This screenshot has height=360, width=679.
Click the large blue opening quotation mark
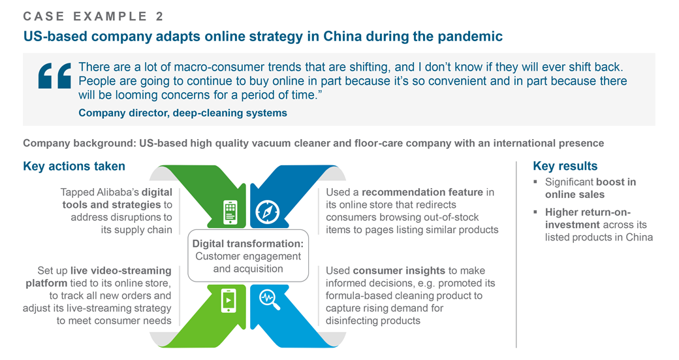click(x=55, y=76)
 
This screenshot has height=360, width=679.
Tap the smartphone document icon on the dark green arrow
click(x=230, y=212)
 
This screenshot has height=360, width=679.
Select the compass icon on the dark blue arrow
click(x=267, y=212)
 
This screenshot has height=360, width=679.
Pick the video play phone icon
click(x=229, y=300)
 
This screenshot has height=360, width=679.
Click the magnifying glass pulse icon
click(x=270, y=300)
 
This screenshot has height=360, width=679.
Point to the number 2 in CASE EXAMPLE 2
click(x=159, y=16)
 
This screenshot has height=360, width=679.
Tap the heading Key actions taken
click(x=74, y=167)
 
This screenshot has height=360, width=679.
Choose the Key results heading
click(x=565, y=166)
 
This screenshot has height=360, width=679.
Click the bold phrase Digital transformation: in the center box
click(x=248, y=244)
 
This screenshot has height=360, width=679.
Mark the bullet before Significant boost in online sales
click(x=535, y=182)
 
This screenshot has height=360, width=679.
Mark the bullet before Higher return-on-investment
click(x=535, y=212)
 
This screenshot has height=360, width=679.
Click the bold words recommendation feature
click(x=422, y=192)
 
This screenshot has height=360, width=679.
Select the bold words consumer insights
click(x=399, y=270)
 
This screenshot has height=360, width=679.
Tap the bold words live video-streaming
click(x=121, y=270)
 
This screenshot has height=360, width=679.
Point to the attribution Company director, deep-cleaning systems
click(x=183, y=113)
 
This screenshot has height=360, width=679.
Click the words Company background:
click(x=79, y=143)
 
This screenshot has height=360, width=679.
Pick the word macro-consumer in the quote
click(x=219, y=67)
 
